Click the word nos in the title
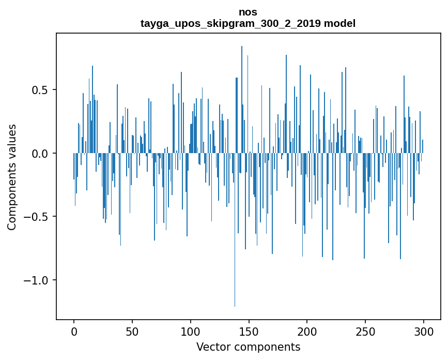click(248, 12)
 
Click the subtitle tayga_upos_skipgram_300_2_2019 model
click(248, 23)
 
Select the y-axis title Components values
click(12, 177)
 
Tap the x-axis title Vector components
click(248, 347)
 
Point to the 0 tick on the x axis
click(74, 331)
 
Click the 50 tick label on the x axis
click(132, 331)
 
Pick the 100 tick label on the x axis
click(191, 331)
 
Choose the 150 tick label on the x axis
click(249, 331)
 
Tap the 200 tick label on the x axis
click(307, 331)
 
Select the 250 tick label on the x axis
click(365, 331)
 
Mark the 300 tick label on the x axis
click(424, 331)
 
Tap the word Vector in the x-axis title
click(212, 347)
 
